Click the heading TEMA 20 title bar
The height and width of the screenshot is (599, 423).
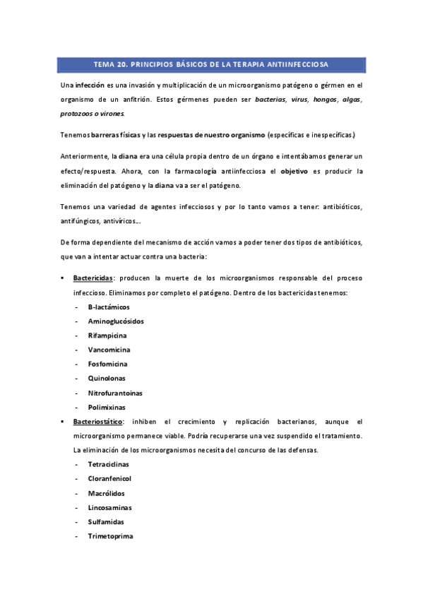coord(210,65)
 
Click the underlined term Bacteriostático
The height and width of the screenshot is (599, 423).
coord(98,421)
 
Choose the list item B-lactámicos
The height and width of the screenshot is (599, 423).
coord(109,307)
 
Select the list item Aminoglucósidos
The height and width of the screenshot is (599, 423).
coord(116,321)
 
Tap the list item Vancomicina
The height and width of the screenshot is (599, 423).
coord(109,350)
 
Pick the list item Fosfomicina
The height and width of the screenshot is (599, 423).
coord(107,364)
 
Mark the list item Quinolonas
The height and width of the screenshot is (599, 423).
coord(107,378)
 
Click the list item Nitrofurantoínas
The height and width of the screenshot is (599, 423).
coord(115,393)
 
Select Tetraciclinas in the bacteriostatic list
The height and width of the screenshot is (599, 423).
coord(109,464)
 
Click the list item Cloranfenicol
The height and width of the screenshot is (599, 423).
coord(109,478)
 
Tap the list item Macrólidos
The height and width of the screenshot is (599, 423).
coord(106,493)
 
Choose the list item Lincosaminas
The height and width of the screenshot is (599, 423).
coord(109,507)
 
